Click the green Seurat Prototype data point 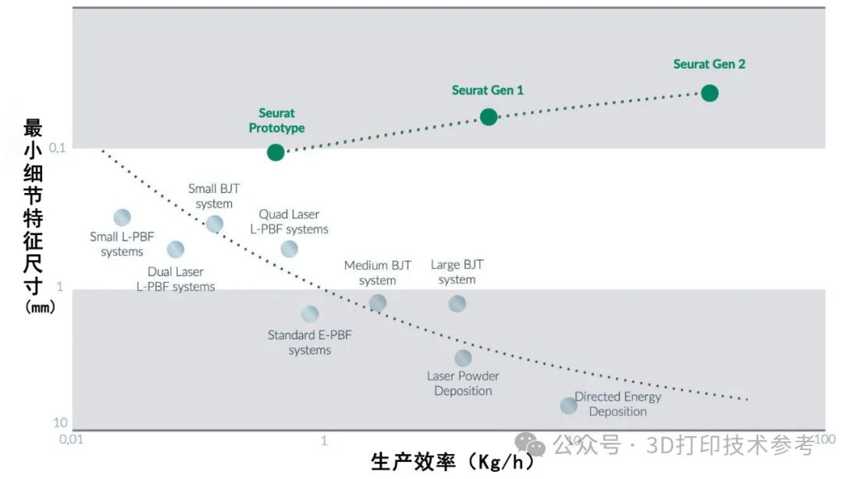(276, 152)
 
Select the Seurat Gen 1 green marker (489, 117)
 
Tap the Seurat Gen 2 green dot (710, 93)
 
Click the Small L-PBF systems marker (122, 218)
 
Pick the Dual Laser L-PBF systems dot (176, 249)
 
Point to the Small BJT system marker (215, 224)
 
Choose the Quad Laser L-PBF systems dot (290, 249)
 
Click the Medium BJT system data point (378, 303)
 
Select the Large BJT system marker (457, 303)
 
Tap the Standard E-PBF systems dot (310, 314)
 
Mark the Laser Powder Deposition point (463, 358)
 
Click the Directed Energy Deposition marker (568, 406)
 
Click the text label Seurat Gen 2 (709, 64)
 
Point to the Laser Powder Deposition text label (463, 383)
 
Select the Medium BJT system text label (378, 273)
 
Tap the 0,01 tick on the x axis (70, 440)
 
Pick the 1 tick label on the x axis (324, 441)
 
